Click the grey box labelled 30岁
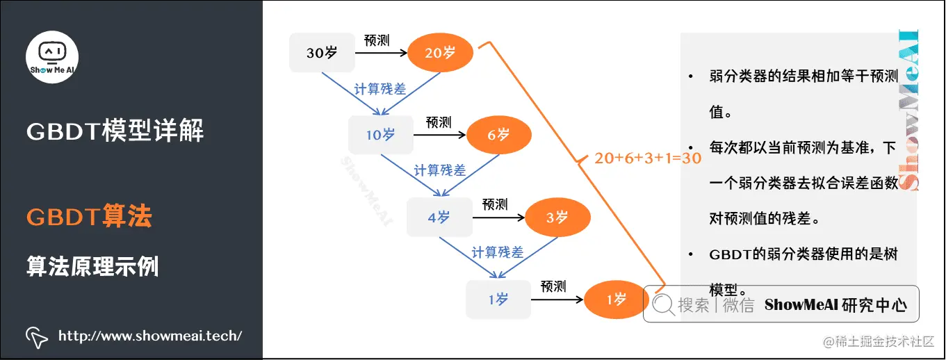click(x=321, y=52)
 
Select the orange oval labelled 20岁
click(x=440, y=52)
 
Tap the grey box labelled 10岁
click(x=380, y=135)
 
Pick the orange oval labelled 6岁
click(x=499, y=135)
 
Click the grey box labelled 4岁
click(x=439, y=218)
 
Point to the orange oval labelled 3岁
click(x=557, y=218)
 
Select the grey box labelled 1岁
click(x=498, y=300)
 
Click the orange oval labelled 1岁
click(x=617, y=300)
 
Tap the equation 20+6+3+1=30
click(x=647, y=158)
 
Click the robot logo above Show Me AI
click(x=52, y=51)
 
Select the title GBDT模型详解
click(x=115, y=131)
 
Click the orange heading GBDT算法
click(x=89, y=217)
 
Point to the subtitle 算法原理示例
click(x=92, y=266)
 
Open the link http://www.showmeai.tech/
click(x=150, y=336)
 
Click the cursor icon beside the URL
click(x=36, y=336)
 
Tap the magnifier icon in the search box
click(x=663, y=304)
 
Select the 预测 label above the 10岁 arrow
click(x=439, y=122)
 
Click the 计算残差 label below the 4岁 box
click(x=498, y=252)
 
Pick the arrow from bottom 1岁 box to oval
click(x=556, y=300)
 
